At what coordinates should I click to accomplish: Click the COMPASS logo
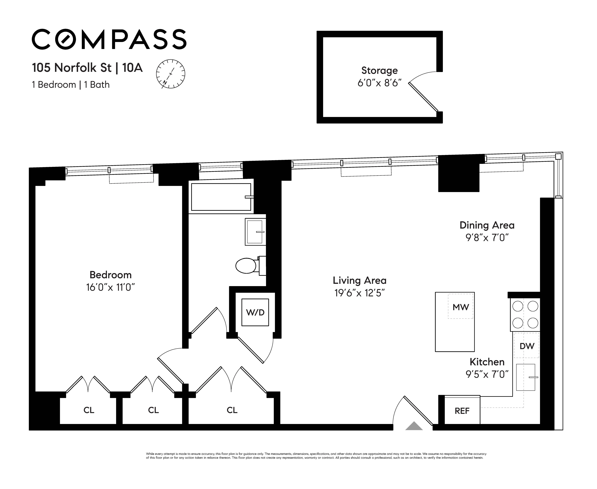[109, 39]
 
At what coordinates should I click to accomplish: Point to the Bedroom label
[110, 275]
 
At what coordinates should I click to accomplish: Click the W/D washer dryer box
[255, 312]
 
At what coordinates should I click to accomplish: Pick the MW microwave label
[460, 307]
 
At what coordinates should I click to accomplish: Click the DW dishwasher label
[527, 346]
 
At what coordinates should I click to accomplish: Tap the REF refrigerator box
[462, 411]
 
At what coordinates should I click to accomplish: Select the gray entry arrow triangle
[414, 426]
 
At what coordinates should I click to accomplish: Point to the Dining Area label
[487, 225]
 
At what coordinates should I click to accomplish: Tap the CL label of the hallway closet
[232, 410]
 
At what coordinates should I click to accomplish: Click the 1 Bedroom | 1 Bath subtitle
[71, 85]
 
